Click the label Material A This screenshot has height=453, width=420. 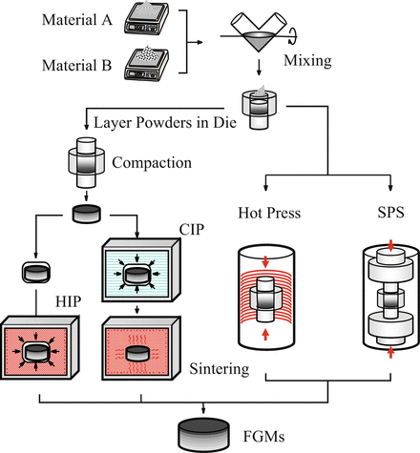click(x=77, y=20)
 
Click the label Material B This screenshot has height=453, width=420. click(x=77, y=66)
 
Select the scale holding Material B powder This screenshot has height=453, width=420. click(x=147, y=64)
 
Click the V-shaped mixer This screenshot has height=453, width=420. click(x=259, y=31)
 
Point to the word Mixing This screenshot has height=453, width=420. click(x=307, y=60)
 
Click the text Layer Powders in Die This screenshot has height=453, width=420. click(x=165, y=123)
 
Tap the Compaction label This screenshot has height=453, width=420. click(x=152, y=162)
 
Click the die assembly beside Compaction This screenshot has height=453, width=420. click(x=87, y=162)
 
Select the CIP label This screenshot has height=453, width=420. click(x=192, y=230)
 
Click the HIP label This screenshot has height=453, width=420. click(x=68, y=301)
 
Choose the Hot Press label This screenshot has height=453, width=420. click(x=269, y=213)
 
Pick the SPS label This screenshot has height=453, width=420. click(x=390, y=213)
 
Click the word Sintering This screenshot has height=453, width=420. click(x=220, y=369)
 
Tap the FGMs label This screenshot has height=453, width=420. click(x=263, y=437)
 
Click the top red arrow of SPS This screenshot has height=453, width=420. click(x=391, y=245)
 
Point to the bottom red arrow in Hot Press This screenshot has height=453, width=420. click(x=265, y=335)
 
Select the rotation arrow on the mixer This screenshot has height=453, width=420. click(x=293, y=35)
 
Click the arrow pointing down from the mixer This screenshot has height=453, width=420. click(x=259, y=68)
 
